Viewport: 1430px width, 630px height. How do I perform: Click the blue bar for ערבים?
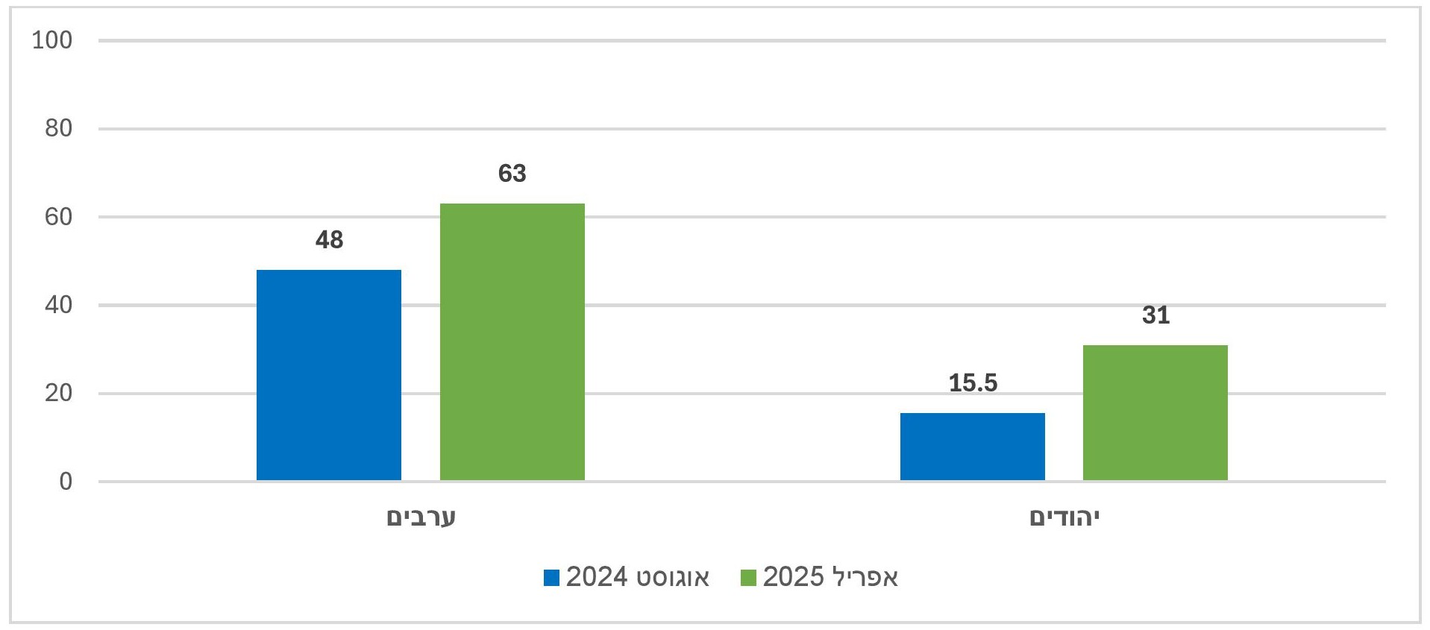tap(329, 375)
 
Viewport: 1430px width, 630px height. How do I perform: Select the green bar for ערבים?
tap(512, 341)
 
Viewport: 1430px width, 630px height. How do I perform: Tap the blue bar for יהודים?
tap(972, 447)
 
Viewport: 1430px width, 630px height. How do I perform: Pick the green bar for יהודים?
tap(1155, 412)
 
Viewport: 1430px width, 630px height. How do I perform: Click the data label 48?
tap(329, 240)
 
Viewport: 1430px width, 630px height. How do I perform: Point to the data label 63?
tap(512, 174)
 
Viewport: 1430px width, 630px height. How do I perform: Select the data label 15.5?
tap(973, 383)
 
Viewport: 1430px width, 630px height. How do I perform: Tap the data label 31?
tap(1155, 315)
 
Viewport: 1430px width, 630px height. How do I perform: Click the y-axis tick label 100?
tap(52, 40)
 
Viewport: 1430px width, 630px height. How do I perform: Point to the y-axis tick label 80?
tap(58, 129)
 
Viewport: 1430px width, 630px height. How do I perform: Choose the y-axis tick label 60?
tap(58, 217)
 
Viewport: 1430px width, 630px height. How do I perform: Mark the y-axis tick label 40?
tap(58, 305)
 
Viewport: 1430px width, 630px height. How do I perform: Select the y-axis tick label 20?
tap(58, 393)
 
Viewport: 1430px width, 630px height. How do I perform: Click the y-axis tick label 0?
tap(66, 482)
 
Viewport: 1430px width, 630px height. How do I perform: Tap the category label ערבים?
tap(421, 517)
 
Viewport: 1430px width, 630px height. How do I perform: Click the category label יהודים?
tap(1064, 517)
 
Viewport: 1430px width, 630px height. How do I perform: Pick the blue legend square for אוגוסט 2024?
tap(552, 578)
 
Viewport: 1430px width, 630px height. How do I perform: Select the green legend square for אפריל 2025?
tap(748, 578)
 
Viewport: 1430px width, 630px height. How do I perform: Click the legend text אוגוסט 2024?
tap(638, 577)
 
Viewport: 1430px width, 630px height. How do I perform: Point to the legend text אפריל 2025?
tap(830, 577)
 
